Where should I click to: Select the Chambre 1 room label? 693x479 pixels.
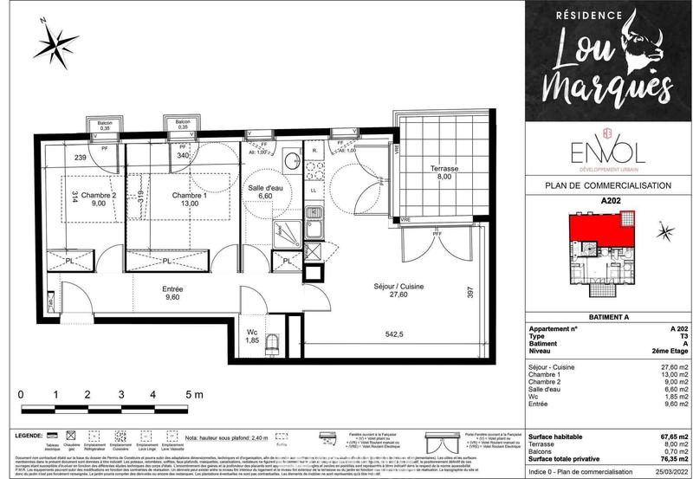[x=189, y=199]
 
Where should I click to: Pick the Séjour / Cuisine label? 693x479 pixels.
[x=398, y=292]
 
